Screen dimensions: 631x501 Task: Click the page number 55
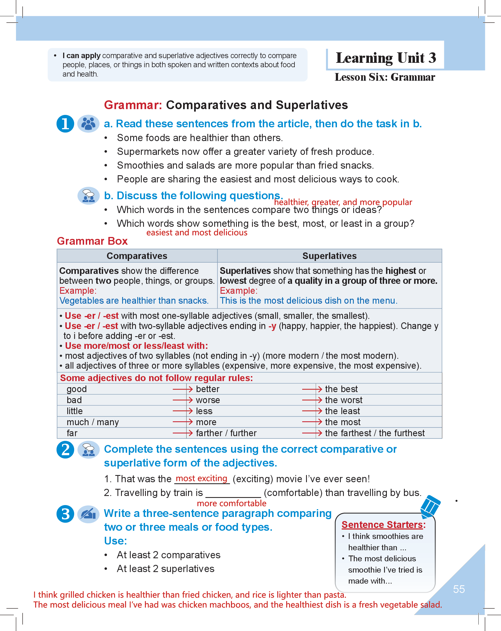click(459, 589)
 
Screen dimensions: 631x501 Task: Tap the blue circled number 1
click(65, 123)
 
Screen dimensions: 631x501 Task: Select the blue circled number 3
click(65, 514)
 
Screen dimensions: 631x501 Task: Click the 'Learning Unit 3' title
click(386, 58)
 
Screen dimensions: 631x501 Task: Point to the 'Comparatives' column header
click(137, 256)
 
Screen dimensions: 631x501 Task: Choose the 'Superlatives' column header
click(329, 256)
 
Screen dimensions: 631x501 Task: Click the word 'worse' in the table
click(208, 400)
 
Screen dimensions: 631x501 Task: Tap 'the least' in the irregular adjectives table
click(342, 411)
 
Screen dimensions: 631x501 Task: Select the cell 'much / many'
click(93, 422)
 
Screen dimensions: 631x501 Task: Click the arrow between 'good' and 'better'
click(183, 389)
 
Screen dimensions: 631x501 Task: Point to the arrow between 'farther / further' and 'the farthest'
click(312, 433)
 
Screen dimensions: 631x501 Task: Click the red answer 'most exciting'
click(202, 478)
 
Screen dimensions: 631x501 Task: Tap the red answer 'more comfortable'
click(232, 503)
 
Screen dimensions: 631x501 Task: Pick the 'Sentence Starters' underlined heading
click(383, 525)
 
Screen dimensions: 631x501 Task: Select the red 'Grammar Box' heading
click(92, 241)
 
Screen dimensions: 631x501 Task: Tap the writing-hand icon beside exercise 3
click(88, 514)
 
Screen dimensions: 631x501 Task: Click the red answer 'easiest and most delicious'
click(197, 233)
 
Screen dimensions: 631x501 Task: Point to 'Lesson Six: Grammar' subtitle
click(385, 77)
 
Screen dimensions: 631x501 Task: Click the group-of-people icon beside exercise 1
click(88, 123)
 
